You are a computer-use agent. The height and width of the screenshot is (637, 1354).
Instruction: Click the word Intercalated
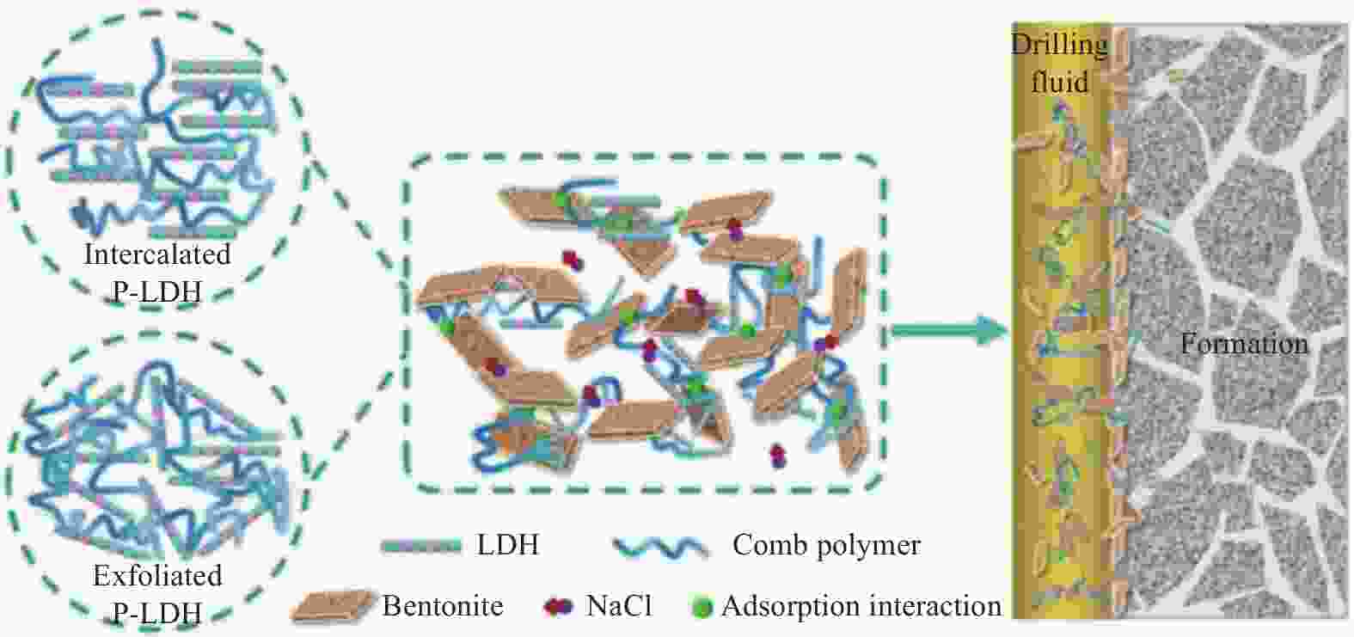click(157, 254)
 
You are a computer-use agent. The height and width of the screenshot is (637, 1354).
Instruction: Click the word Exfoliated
click(157, 575)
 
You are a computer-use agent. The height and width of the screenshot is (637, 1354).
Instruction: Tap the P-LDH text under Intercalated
click(157, 292)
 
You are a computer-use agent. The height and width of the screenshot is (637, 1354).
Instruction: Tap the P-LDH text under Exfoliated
click(157, 614)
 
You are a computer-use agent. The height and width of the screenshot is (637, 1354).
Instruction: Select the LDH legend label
click(508, 544)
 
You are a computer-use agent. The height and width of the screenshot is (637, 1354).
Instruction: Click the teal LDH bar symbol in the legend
click(421, 546)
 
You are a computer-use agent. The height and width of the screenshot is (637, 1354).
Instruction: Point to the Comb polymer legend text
click(826, 545)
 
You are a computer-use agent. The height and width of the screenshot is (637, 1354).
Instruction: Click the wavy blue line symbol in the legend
click(661, 547)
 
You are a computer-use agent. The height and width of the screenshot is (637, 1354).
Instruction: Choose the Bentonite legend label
click(443, 605)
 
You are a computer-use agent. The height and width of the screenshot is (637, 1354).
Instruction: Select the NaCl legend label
click(619, 605)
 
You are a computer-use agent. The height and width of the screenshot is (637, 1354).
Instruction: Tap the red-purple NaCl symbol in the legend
click(559, 607)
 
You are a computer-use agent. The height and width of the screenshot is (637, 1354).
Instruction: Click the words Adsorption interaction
click(861, 606)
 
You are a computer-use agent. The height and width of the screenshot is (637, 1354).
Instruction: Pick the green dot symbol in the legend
click(702, 607)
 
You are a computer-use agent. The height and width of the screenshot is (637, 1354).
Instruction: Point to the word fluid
click(1060, 81)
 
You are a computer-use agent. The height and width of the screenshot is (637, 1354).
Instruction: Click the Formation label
click(1244, 344)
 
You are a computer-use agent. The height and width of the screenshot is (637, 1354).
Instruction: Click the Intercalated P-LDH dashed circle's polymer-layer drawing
click(157, 139)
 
